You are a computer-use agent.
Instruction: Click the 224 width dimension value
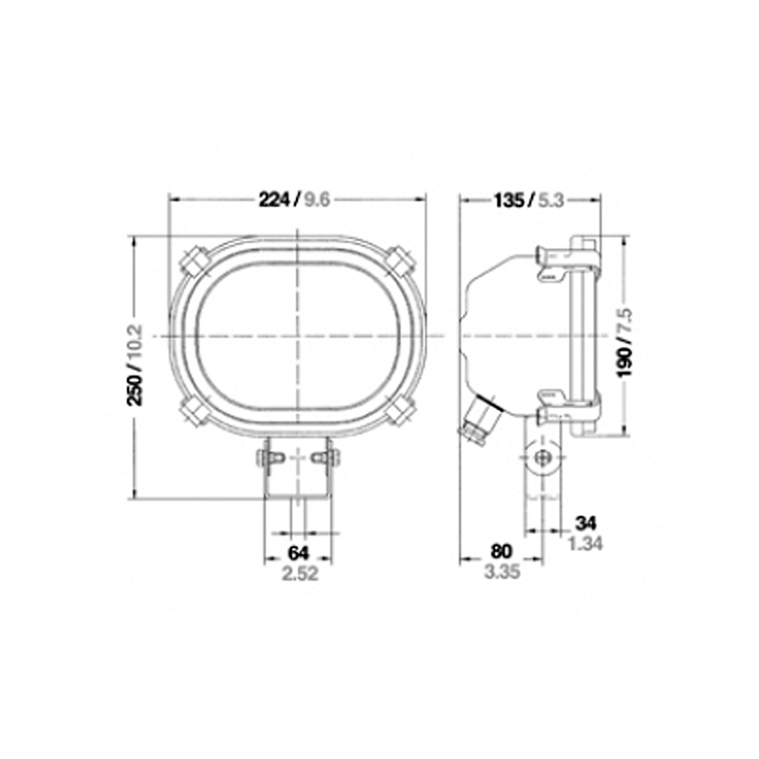click(273, 199)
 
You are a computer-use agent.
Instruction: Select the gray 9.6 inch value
click(317, 199)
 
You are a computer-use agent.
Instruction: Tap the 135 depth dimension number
click(509, 200)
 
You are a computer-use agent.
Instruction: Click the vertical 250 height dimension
click(134, 390)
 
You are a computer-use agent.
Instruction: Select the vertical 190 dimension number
click(625, 361)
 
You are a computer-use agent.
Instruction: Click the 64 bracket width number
click(298, 553)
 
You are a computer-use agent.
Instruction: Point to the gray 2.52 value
click(300, 574)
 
